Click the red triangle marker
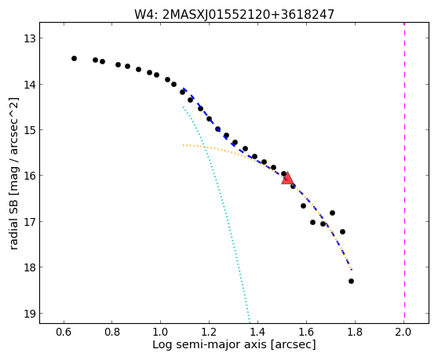point(287,179)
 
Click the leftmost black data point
point(74,58)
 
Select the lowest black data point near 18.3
point(351,281)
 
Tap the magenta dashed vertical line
point(404,173)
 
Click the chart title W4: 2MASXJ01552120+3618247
point(234,15)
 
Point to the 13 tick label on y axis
point(30,38)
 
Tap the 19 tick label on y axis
point(30,314)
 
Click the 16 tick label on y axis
point(30,176)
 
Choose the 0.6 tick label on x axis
point(64,332)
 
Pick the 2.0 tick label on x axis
point(403,332)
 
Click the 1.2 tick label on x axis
point(209,332)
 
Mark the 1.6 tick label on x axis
point(306,332)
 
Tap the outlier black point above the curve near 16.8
point(332,213)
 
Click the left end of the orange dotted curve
point(183,145)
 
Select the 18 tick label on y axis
point(30,267)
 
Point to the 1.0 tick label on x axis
point(160,332)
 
